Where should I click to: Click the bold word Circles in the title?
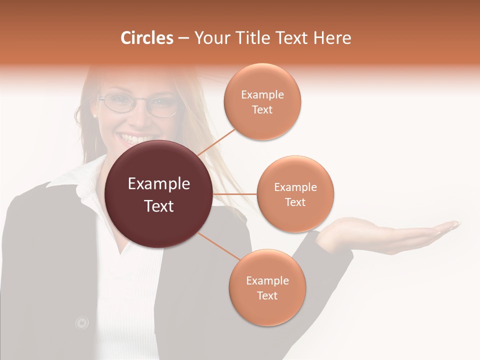point(146,38)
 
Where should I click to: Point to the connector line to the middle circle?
point(235,194)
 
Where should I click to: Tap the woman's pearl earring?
point(94,116)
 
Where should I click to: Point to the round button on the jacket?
point(81,323)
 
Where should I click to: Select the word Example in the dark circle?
point(159,184)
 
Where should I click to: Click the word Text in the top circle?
point(262,110)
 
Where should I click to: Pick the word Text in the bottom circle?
point(267,295)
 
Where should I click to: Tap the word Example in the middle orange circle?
point(295,187)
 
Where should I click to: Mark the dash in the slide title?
point(183,38)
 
